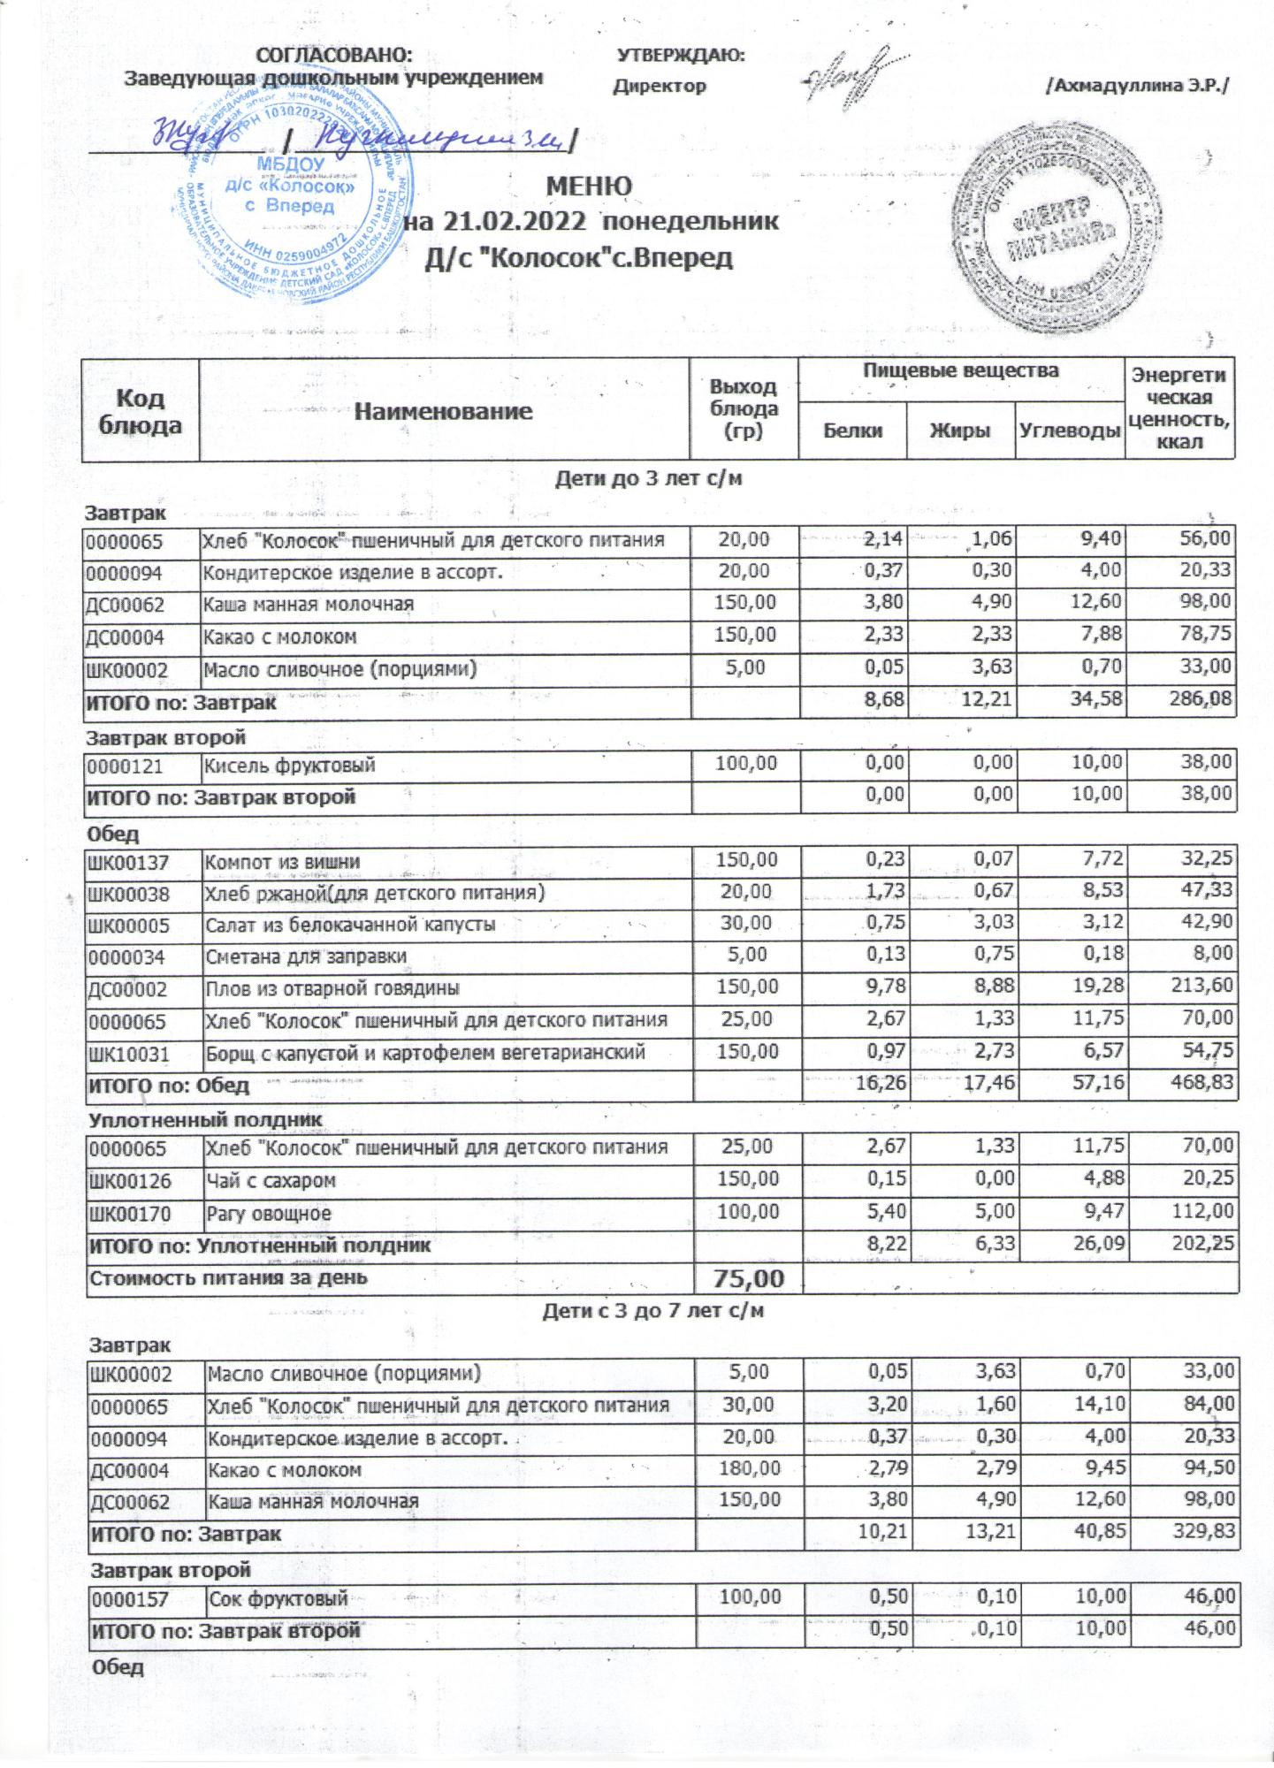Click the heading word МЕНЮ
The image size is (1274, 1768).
(589, 187)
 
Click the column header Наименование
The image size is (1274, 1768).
(444, 411)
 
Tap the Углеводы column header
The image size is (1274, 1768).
(1069, 431)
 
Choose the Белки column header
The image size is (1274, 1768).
(852, 431)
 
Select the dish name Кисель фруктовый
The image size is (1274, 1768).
(290, 765)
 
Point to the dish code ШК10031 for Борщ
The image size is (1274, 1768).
(128, 1054)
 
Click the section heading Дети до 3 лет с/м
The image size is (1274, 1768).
(648, 479)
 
